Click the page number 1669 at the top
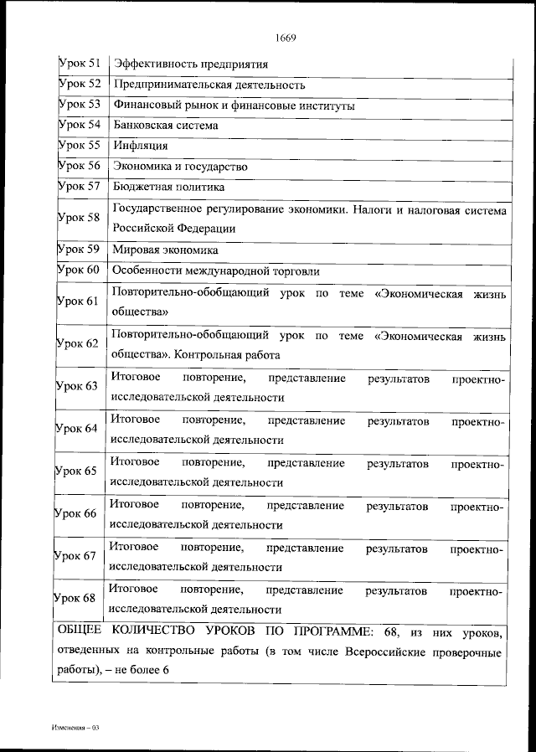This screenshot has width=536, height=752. pos(285,37)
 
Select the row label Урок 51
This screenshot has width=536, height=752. pos(80,64)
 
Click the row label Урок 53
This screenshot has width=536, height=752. pos(80,105)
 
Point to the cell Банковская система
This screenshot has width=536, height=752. pos(165,126)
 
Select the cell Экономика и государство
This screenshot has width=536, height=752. pos(179,167)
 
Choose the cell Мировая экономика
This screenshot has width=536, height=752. pos(165,250)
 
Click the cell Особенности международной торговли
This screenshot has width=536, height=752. pos(215,270)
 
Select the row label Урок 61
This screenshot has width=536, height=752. pos(78,301)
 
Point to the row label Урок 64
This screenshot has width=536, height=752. pos(76,428)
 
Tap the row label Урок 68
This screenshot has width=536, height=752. pos(76,597)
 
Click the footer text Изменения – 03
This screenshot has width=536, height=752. pos(73,727)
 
